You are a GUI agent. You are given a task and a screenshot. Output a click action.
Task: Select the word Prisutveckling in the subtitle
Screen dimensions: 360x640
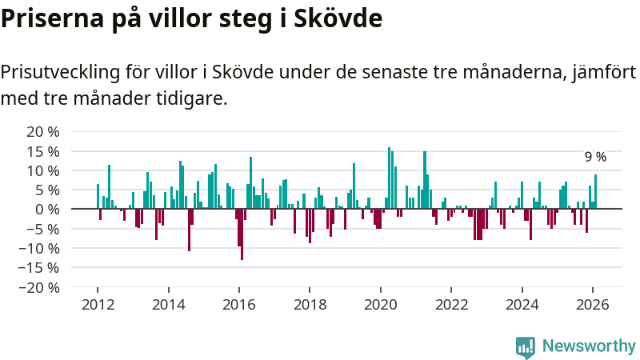(60, 73)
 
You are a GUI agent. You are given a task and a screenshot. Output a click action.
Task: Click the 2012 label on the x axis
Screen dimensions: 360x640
(98, 304)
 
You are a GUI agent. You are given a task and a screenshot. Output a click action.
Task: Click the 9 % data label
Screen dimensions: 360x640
(595, 158)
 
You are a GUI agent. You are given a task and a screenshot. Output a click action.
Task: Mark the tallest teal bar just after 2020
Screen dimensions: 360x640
(389, 178)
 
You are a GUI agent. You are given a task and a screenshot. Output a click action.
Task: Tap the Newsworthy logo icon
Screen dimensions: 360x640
(526, 346)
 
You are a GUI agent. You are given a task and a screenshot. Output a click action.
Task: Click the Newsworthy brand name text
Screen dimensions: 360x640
(588, 346)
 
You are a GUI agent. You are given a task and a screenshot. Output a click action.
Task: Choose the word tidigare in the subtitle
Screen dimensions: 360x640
(192, 98)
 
